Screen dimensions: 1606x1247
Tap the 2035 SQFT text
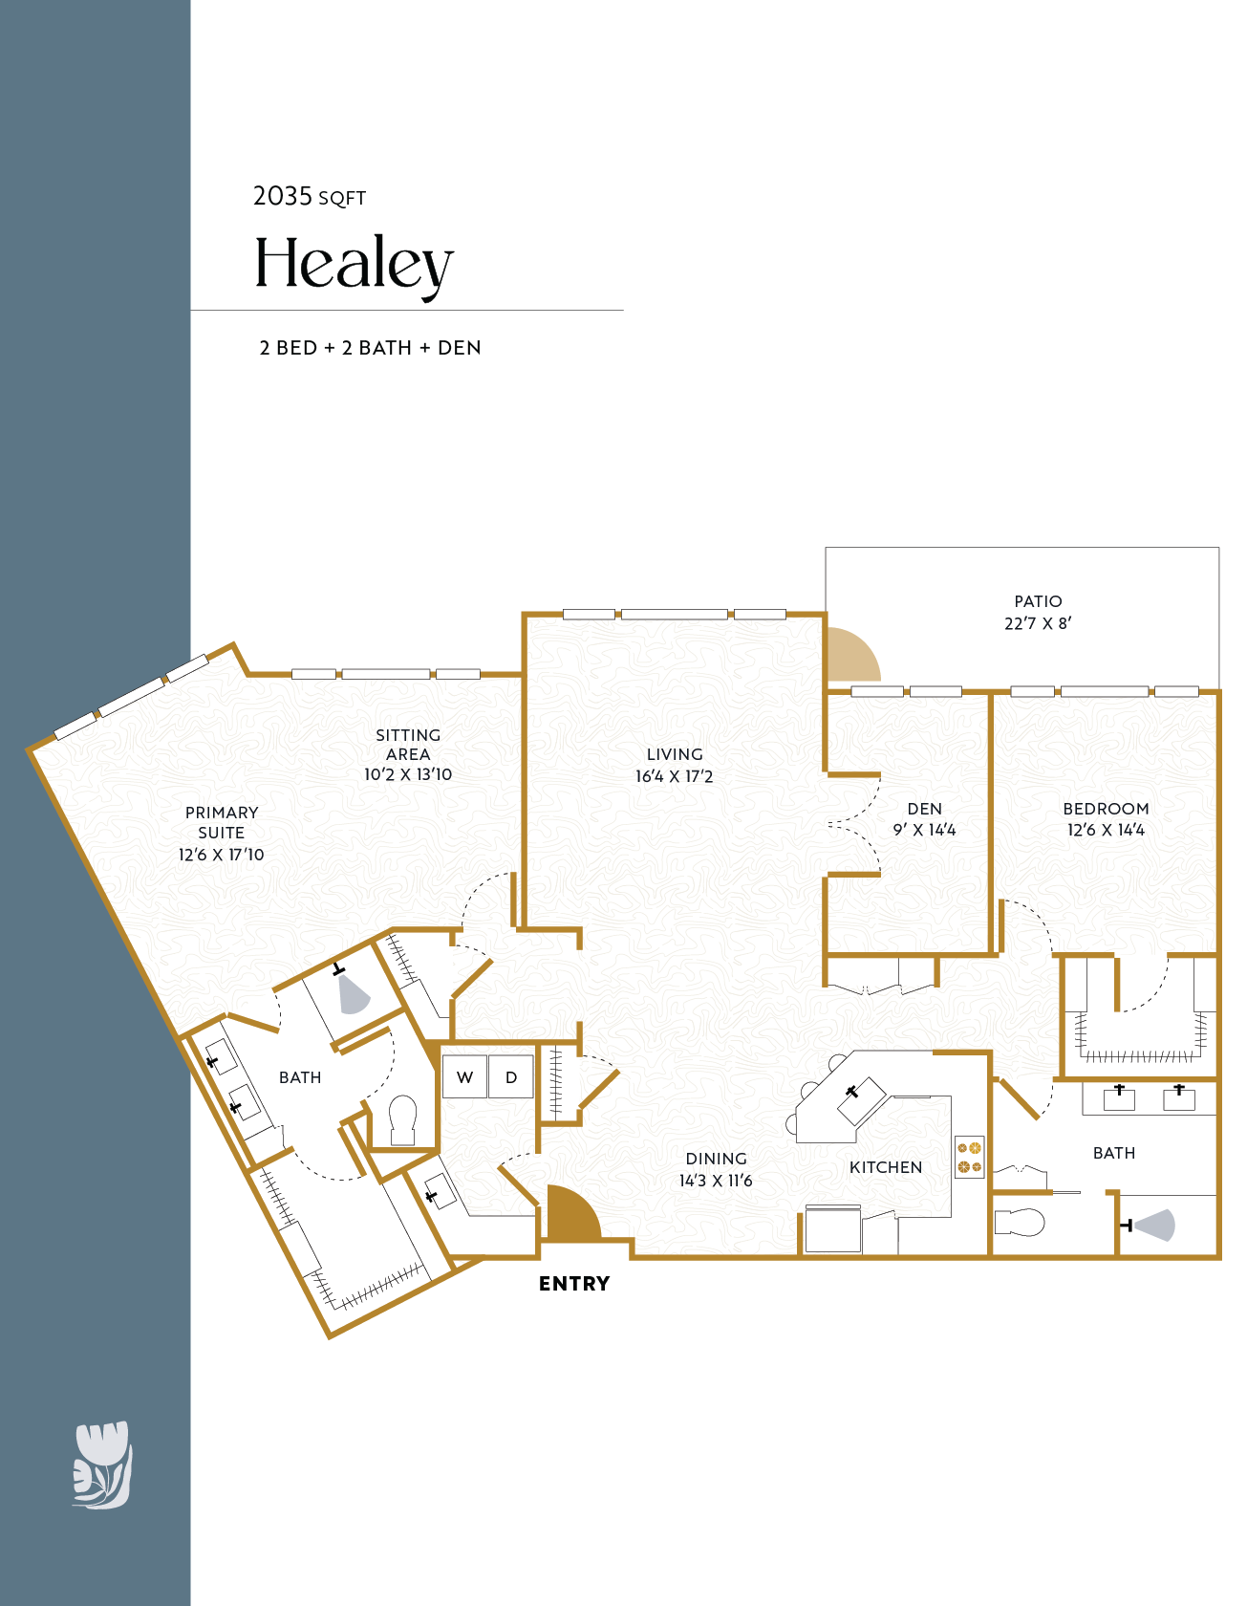click(309, 197)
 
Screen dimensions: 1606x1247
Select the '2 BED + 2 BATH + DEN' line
click(370, 348)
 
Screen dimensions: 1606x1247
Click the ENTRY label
click(573, 1284)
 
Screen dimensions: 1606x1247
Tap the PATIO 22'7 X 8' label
click(1038, 612)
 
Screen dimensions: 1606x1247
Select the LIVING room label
click(674, 765)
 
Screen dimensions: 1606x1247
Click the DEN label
click(924, 819)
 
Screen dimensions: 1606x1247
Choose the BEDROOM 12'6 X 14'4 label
click(1106, 819)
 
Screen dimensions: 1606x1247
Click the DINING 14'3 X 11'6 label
click(716, 1169)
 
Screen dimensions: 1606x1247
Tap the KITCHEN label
click(885, 1167)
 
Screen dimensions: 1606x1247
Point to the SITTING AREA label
click(408, 754)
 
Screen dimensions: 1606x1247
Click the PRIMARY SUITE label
click(221, 833)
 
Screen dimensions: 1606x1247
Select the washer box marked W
click(465, 1077)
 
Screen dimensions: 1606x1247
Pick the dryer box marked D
click(511, 1077)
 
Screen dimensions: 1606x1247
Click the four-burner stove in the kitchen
click(969, 1157)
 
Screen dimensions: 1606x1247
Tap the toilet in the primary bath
click(403, 1119)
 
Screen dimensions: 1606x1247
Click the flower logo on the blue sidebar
click(102, 1465)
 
